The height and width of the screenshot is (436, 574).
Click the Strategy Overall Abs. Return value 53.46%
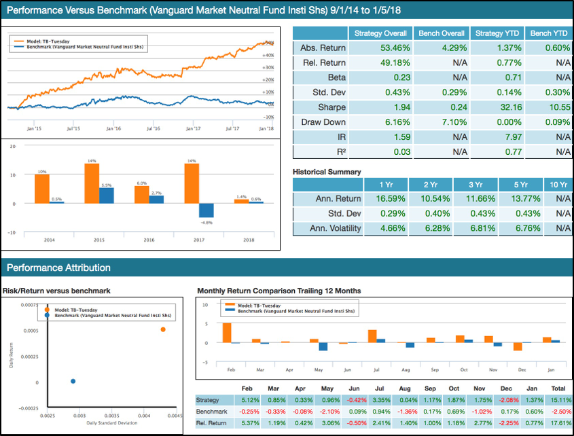[x=380, y=48]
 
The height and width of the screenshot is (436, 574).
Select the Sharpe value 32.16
[x=497, y=107]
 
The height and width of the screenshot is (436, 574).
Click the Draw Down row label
[x=323, y=122]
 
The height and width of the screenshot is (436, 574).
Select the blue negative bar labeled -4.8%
[x=207, y=211]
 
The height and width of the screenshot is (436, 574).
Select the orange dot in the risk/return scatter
[x=163, y=329]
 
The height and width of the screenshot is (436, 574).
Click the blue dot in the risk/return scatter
[x=73, y=381]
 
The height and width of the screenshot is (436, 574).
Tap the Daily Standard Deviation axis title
[x=111, y=424]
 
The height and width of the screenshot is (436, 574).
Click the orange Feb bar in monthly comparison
[x=227, y=333]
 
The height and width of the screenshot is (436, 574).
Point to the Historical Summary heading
[x=327, y=172]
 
